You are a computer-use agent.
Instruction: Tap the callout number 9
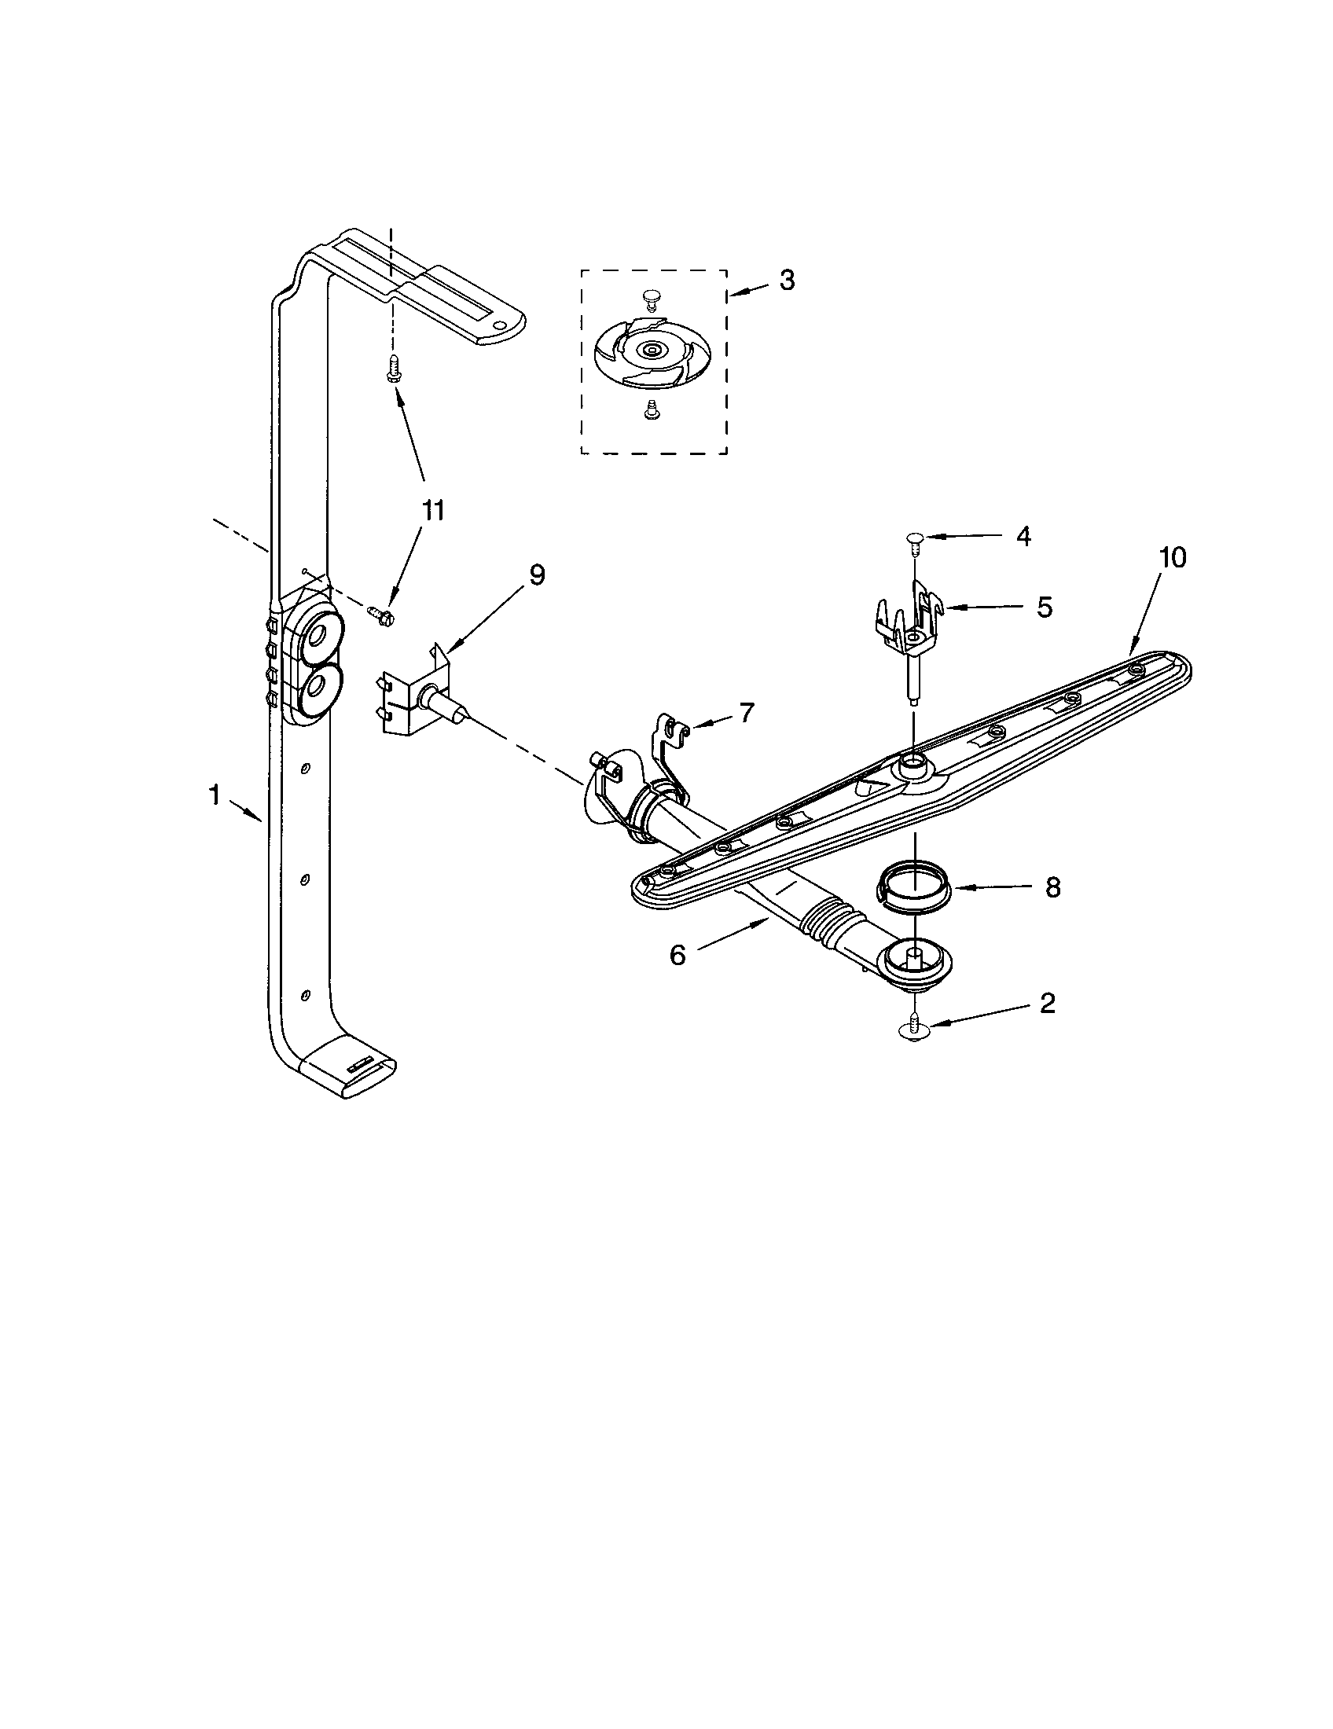pos(537,574)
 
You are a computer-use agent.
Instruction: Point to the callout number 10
pos(1173,557)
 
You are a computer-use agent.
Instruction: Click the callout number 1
pos(214,794)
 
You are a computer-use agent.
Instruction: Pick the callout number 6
pos(678,955)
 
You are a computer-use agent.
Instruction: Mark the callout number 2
pos(1047,1004)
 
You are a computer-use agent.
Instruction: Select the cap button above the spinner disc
pos(651,297)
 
